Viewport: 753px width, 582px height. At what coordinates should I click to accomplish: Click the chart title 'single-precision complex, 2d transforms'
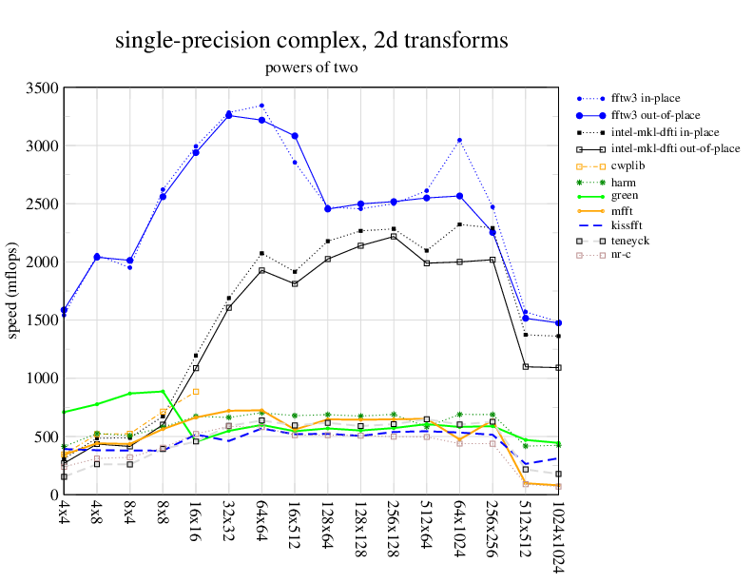click(x=311, y=41)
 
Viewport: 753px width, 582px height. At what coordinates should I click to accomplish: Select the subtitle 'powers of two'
click(x=311, y=68)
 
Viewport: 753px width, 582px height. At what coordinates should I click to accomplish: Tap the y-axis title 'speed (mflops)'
click(x=14, y=291)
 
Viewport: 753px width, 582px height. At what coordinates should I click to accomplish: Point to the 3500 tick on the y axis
click(x=42, y=87)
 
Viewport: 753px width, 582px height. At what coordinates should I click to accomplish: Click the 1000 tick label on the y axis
click(x=42, y=378)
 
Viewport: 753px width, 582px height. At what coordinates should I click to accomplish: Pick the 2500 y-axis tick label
click(x=42, y=204)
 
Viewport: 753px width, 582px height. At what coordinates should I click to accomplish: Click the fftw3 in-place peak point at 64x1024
click(x=459, y=140)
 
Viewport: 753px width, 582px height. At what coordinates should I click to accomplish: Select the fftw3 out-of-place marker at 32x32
click(x=228, y=115)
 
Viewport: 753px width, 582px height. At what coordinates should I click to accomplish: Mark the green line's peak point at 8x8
click(x=163, y=391)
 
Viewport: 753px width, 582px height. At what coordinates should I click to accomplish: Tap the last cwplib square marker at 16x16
click(x=196, y=392)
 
